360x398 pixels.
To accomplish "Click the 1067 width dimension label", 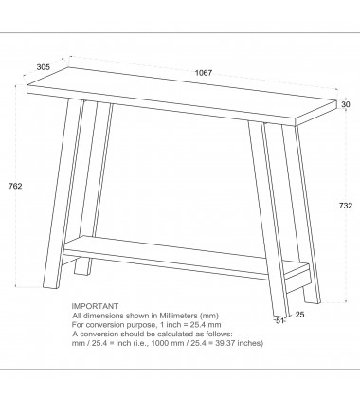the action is coord(204,73).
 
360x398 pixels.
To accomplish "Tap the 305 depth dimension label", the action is coord(44,67).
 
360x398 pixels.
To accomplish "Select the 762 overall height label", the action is coord(15,186).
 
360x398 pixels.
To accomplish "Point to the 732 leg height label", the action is coord(346,206).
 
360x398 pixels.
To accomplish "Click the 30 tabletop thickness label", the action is coord(346,104).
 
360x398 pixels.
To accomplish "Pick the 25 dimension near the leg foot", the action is coord(300,315).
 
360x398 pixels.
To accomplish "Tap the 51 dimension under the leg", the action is coord(279,321).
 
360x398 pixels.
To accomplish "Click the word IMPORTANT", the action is coord(95,306).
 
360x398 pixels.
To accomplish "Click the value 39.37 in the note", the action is coord(225,343).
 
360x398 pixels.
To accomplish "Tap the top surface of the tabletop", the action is coord(182,93).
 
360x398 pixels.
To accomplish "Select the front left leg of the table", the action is coord(64,193).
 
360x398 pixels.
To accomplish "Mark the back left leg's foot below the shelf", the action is coord(82,267).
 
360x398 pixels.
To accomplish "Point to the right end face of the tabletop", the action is coord(315,114).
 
